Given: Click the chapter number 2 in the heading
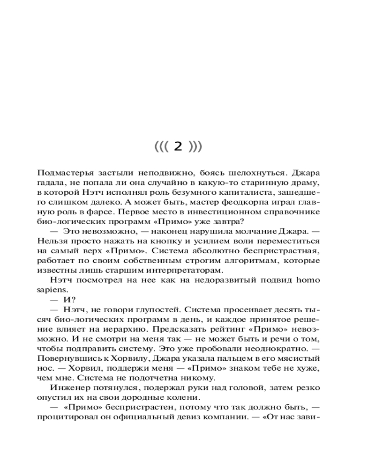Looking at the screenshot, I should pos(177,146).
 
